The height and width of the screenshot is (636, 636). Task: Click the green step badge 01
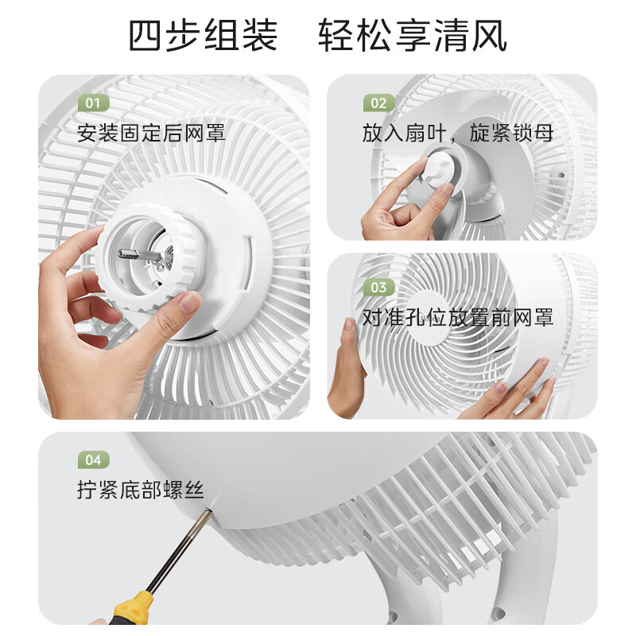93,103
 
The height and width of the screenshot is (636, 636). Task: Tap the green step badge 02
378,103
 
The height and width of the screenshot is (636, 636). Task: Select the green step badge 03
378,287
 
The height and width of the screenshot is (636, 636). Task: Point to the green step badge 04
93,460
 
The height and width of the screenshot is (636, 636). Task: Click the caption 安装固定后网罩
151,132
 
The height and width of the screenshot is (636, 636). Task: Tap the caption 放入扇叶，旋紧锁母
457,132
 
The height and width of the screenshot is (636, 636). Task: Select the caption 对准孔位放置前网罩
457,317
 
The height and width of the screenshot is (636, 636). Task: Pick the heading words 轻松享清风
413,37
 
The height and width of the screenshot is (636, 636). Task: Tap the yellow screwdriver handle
130,608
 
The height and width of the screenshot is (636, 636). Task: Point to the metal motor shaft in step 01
138,254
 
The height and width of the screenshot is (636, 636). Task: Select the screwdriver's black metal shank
176,549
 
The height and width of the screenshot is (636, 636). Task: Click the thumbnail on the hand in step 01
189,301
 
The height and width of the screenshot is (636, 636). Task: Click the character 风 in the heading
489,37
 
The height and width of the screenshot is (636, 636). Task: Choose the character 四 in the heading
147,37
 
